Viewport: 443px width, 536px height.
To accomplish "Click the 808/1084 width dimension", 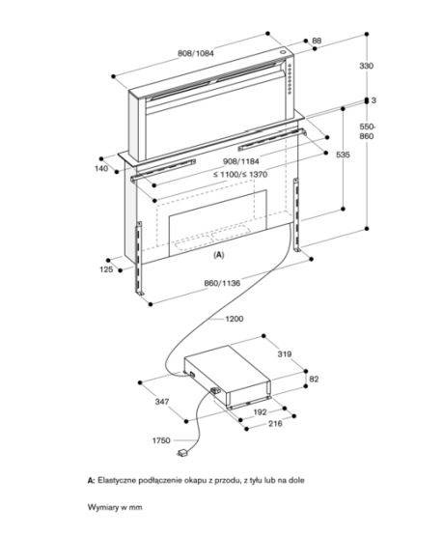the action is pos(196,53).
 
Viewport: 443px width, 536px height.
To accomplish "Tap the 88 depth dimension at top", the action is pos(317,41).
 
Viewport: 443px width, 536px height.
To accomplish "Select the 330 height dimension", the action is pos(366,66).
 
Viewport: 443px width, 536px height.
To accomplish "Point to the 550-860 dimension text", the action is pos(367,131).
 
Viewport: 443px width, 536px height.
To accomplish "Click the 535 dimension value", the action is pos(343,155).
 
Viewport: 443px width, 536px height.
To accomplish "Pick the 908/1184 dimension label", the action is pos(240,161).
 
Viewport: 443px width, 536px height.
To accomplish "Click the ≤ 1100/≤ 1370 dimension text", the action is pos(240,175).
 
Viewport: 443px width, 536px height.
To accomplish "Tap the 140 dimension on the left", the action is pos(101,168).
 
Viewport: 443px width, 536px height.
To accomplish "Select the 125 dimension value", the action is pos(106,269).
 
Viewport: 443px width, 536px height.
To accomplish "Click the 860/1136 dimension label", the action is pos(222,283).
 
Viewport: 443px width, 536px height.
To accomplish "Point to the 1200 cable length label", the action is pos(235,319).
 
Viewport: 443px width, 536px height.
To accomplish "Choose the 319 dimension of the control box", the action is pos(285,354).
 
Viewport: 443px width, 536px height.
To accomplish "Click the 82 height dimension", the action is pos(314,379).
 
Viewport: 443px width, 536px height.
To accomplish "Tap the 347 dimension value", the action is pos(162,402).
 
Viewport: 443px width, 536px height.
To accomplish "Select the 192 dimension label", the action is pos(260,412).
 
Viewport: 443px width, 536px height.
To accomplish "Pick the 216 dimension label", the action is pos(275,424).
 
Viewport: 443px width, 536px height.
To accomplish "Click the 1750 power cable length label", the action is pos(161,440).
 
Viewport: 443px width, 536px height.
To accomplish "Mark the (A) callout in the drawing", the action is pos(219,255).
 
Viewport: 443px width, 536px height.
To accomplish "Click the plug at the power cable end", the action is pos(182,453).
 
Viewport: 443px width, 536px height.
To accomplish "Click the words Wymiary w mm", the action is pos(115,507).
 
